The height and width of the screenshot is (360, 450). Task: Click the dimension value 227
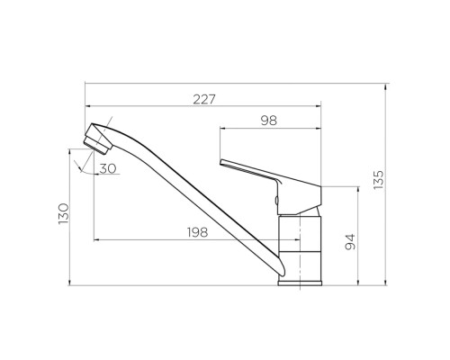(204, 99)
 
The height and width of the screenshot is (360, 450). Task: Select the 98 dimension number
(269, 121)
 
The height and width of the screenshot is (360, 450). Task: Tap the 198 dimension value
(197, 232)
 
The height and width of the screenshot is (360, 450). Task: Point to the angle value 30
(108, 168)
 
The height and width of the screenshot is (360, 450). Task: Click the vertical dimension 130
(64, 213)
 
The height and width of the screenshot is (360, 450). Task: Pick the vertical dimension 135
(379, 180)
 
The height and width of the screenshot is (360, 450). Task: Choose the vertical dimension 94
(350, 242)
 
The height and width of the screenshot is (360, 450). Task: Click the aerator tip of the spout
(96, 146)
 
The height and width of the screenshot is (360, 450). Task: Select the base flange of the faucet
(300, 283)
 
